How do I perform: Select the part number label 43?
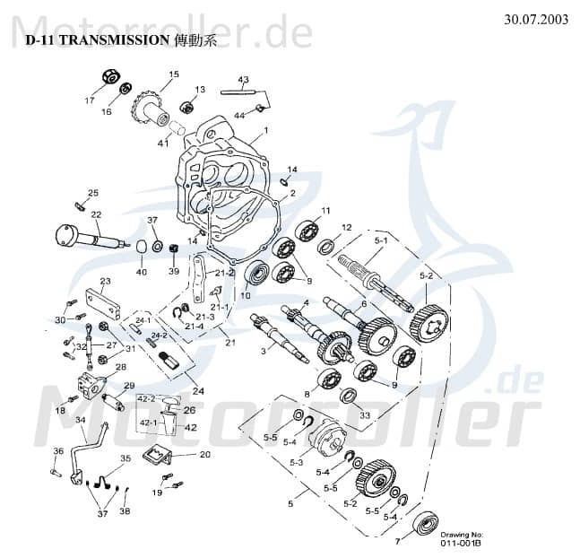(242, 80)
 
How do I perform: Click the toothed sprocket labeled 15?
(149, 107)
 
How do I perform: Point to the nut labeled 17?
(113, 78)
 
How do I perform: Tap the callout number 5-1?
(379, 241)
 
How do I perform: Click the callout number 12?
(346, 227)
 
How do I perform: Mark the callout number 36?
(57, 450)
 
